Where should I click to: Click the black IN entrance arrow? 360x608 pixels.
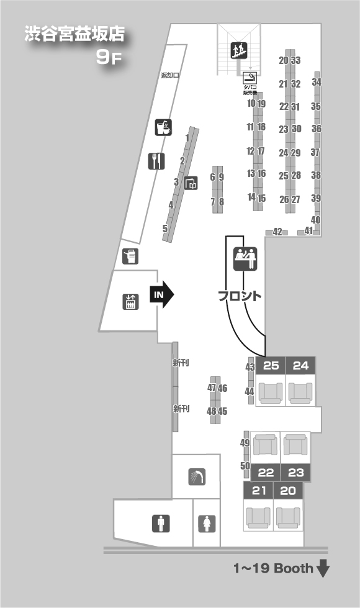pyautogui.click(x=162, y=295)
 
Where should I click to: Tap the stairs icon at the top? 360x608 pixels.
pyautogui.click(x=239, y=50)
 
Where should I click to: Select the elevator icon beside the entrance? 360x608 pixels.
pyautogui.click(x=130, y=302)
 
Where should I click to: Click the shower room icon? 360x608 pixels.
pyautogui.click(x=197, y=477)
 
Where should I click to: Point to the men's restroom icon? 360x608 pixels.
pyautogui.click(x=161, y=524)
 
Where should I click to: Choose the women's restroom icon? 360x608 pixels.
pyautogui.click(x=207, y=524)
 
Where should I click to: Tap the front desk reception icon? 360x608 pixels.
pyautogui.click(x=245, y=258)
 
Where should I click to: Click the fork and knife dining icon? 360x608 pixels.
pyautogui.click(x=156, y=161)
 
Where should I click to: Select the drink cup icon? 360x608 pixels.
pyautogui.click(x=163, y=127)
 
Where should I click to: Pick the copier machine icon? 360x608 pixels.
pyautogui.click(x=130, y=256)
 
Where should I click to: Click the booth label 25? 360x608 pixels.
pyautogui.click(x=271, y=366)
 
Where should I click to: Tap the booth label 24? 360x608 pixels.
pyautogui.click(x=300, y=366)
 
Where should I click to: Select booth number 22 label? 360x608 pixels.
pyautogui.click(x=266, y=473)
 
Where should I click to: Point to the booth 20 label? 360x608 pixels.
pyautogui.click(x=288, y=491)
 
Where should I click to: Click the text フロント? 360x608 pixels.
pyautogui.click(x=240, y=296)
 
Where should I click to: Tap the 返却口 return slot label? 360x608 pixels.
pyautogui.click(x=169, y=75)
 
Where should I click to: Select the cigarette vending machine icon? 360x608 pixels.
pyautogui.click(x=250, y=78)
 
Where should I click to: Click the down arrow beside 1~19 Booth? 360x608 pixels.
pyautogui.click(x=323, y=568)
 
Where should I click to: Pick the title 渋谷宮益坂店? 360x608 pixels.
pyautogui.click(x=74, y=34)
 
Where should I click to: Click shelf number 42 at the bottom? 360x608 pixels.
pyautogui.click(x=277, y=232)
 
